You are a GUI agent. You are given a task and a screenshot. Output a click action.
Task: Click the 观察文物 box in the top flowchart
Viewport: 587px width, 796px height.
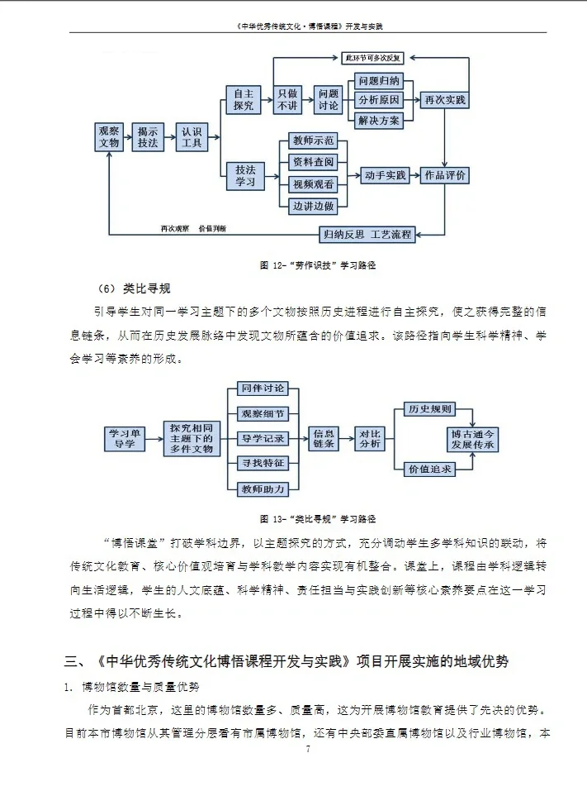pyautogui.click(x=110, y=137)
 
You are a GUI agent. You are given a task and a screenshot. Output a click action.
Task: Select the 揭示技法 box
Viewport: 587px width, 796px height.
pyautogui.click(x=149, y=137)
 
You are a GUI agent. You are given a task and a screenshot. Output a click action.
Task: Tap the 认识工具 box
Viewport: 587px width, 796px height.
pyautogui.click(x=192, y=137)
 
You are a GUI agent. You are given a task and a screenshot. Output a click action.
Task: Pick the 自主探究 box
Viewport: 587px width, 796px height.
pyautogui.click(x=244, y=99)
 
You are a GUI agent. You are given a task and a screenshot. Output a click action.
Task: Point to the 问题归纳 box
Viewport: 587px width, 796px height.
pyautogui.click(x=379, y=80)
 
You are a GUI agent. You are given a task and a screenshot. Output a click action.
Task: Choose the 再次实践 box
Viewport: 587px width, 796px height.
pyautogui.click(x=444, y=100)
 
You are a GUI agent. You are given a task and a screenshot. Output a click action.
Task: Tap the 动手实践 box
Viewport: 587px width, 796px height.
pyautogui.click(x=385, y=175)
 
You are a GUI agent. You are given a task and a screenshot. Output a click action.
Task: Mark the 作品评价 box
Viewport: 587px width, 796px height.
pyautogui.click(x=444, y=175)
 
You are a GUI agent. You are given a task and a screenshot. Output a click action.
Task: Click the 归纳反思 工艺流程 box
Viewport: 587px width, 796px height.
pyautogui.click(x=367, y=234)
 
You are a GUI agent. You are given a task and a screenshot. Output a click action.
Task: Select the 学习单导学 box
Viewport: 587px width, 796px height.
pyautogui.click(x=124, y=438)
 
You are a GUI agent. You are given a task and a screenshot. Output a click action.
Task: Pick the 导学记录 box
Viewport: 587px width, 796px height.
pyautogui.click(x=263, y=438)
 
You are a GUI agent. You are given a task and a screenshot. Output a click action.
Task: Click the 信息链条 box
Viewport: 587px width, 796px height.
pyautogui.click(x=324, y=438)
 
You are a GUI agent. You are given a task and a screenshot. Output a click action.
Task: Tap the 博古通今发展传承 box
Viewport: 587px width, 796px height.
pyautogui.click(x=472, y=439)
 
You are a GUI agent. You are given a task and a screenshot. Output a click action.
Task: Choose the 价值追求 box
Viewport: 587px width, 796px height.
pyautogui.click(x=430, y=469)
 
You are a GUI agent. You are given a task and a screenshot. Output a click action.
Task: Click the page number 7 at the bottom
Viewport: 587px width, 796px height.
pyautogui.click(x=307, y=749)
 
